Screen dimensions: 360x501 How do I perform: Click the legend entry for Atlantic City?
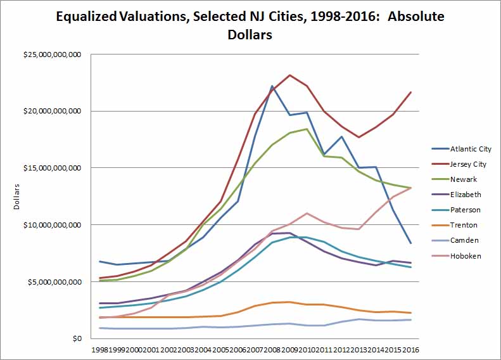pyautogui.click(x=471, y=149)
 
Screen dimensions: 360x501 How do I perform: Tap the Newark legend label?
pyautogui.click(x=464, y=179)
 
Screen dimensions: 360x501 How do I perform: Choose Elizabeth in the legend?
pyautogui.click(x=466, y=195)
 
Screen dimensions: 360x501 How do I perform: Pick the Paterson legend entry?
pyautogui.click(x=465, y=210)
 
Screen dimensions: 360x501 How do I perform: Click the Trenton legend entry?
pyautogui.click(x=464, y=225)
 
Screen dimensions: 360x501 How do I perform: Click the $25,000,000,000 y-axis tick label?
pyautogui.click(x=51, y=55)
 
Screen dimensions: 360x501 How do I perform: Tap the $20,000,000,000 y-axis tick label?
pyautogui.click(x=51, y=112)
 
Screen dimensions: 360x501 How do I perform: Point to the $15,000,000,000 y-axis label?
pyautogui.click(x=51, y=168)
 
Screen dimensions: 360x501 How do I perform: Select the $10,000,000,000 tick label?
pyautogui.click(x=51, y=225)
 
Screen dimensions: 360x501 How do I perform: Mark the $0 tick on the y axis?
pyautogui.click(x=77, y=339)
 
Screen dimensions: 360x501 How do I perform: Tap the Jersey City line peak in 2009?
pyautogui.click(x=289, y=75)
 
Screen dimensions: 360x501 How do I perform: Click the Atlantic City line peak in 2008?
pyautogui.click(x=272, y=86)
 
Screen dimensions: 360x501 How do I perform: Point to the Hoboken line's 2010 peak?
pyautogui.click(x=307, y=213)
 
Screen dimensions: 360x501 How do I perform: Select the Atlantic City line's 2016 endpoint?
pyautogui.click(x=410, y=243)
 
